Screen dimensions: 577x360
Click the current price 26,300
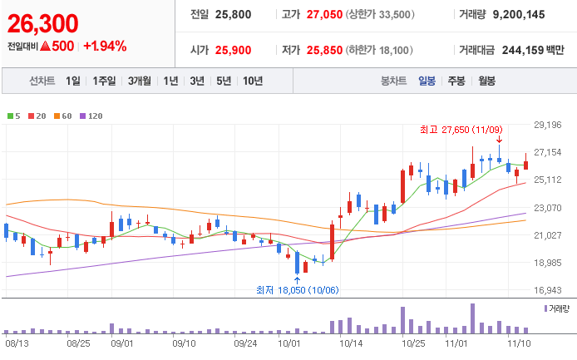coord(42,23)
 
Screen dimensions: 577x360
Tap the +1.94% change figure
coord(105,46)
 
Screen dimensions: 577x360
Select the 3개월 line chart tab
coord(140,81)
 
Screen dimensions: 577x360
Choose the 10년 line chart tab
coord(253,81)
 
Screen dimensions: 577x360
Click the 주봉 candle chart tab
coord(456,81)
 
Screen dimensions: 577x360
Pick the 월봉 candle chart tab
coord(486,81)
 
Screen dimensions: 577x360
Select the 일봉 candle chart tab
coord(427,81)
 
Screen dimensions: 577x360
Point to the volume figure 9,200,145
coord(519,14)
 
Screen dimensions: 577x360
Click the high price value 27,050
coord(324,14)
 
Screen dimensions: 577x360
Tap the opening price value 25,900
coord(233,50)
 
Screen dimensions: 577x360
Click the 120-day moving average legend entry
coord(91,116)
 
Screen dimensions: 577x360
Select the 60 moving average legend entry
coord(63,116)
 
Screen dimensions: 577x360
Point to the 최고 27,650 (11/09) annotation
coord(461,130)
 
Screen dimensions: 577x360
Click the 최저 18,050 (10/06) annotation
coord(298,290)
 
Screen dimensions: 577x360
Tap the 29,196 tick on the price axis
coord(548,125)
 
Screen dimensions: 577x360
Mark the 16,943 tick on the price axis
coord(548,290)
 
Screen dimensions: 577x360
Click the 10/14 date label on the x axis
coord(351,343)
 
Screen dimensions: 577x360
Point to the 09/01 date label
coord(122,343)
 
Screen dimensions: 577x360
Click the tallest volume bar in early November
coord(472,318)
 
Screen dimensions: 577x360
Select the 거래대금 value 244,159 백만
coord(533,50)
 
